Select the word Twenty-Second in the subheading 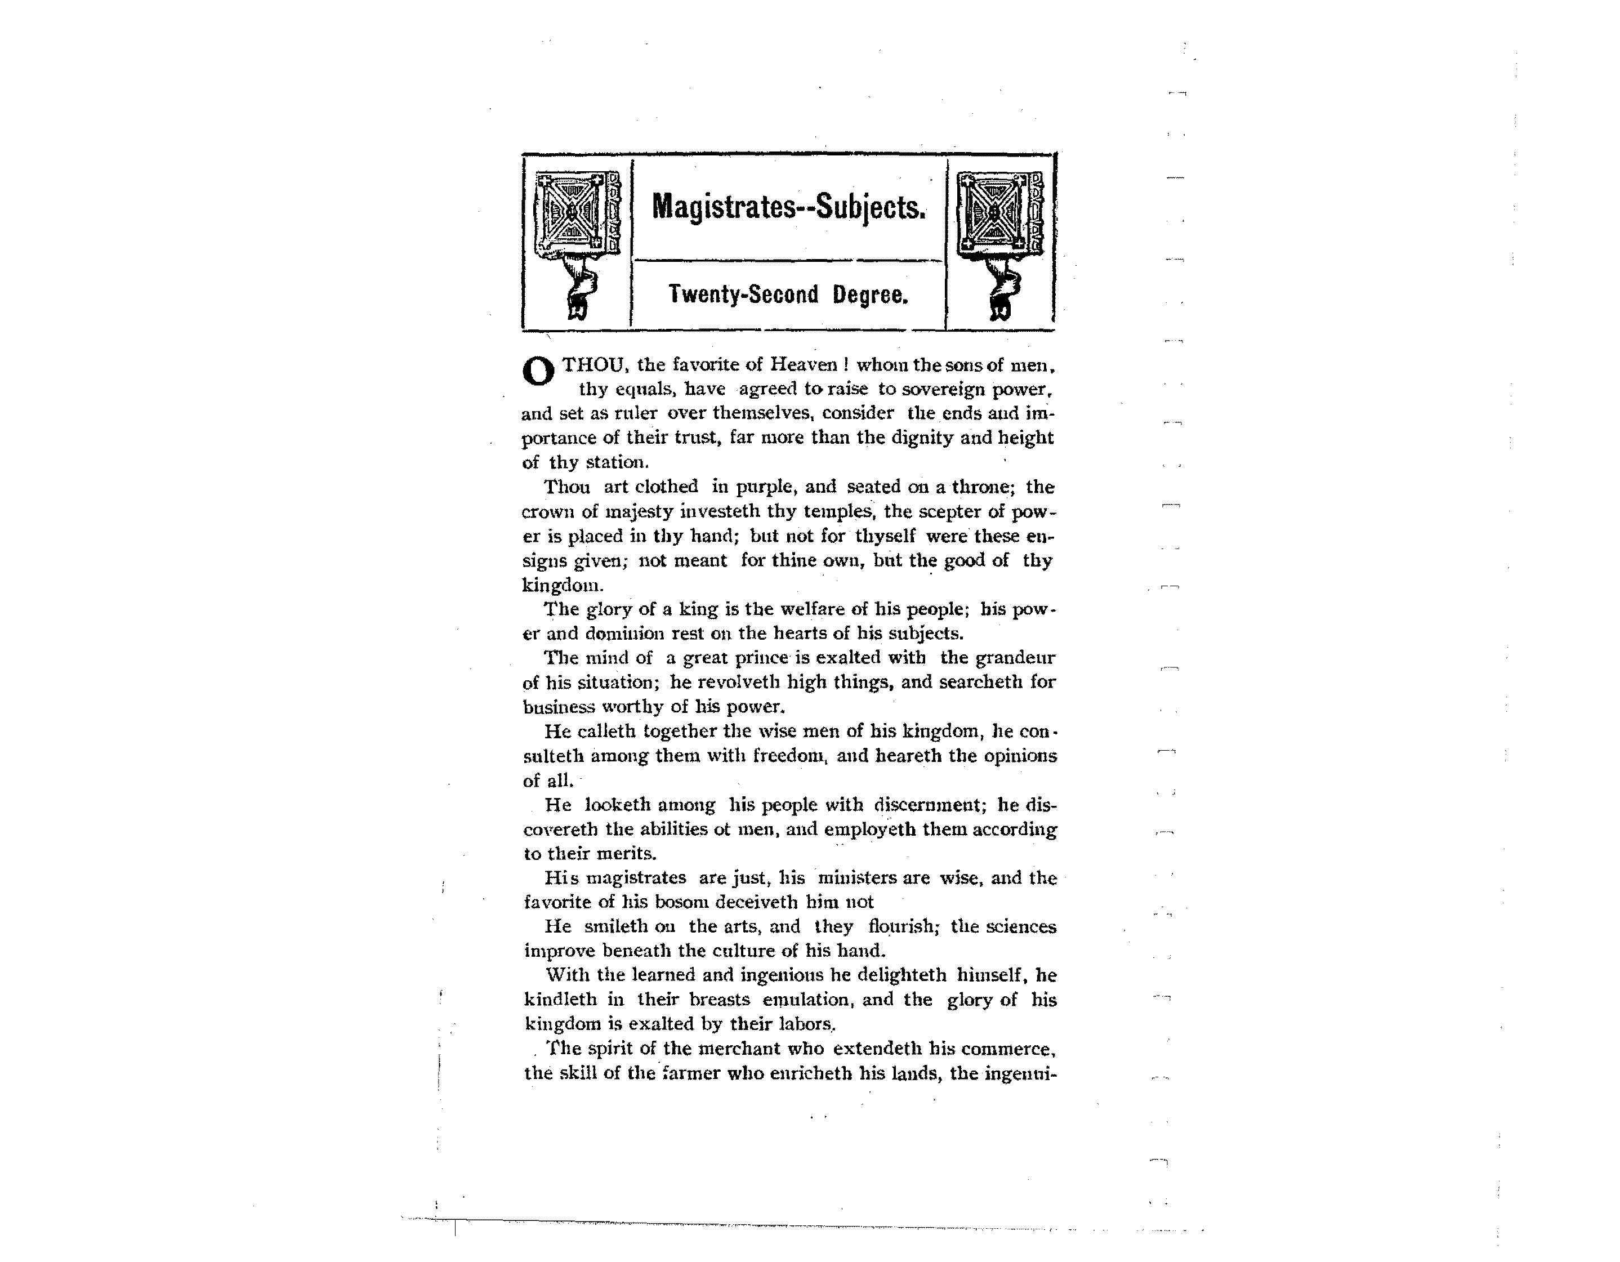click(x=743, y=295)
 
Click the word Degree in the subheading click(x=869, y=295)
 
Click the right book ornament click(x=999, y=215)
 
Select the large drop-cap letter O click(x=538, y=372)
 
